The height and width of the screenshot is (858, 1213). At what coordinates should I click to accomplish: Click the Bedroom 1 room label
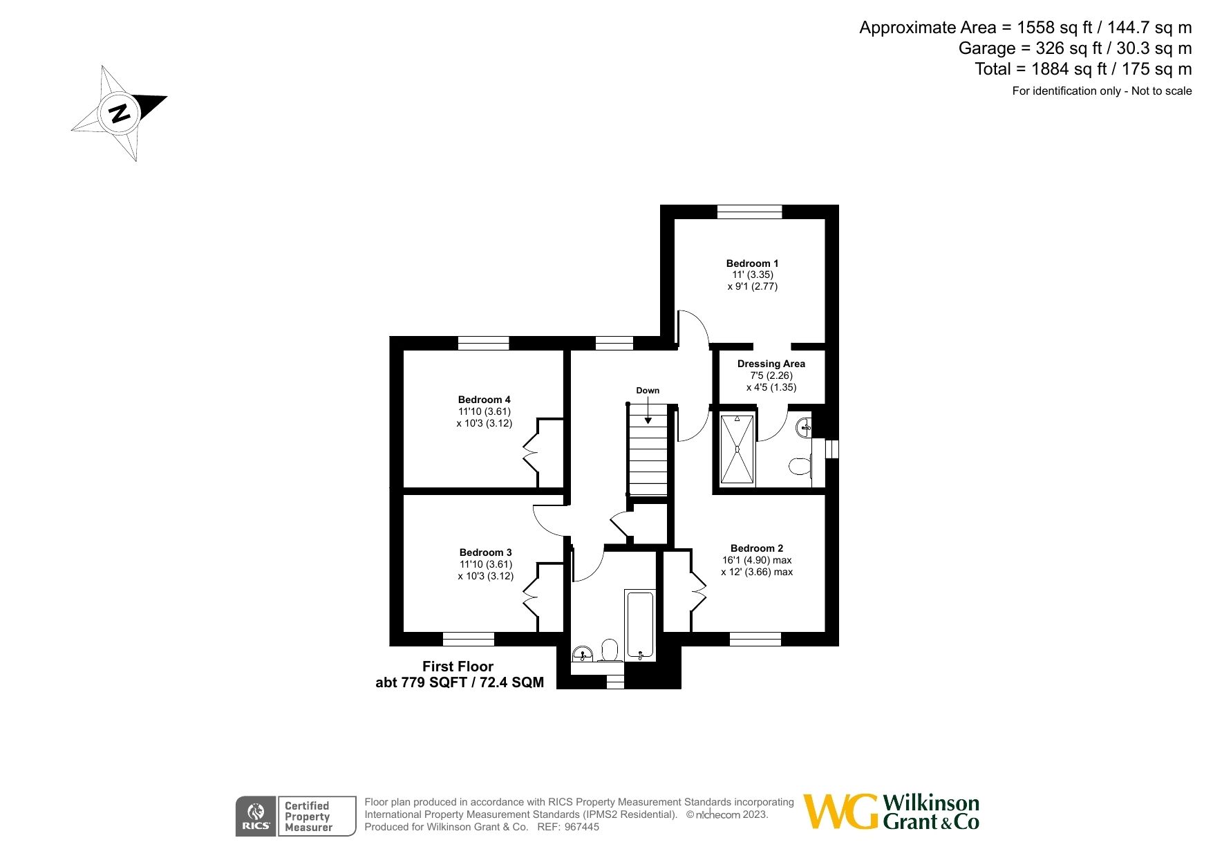coord(752,263)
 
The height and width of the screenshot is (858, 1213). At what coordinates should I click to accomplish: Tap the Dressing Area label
coord(771,364)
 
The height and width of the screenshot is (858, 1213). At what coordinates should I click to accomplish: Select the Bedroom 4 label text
coord(484,400)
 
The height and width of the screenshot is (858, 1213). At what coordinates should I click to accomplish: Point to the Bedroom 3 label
coord(485,552)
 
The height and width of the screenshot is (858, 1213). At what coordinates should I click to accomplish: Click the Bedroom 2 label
coord(756,548)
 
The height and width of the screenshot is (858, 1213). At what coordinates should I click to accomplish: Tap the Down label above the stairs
coord(648,391)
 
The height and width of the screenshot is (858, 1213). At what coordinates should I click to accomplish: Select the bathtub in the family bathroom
coord(639,625)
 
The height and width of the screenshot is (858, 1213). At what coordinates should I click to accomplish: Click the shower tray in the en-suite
coord(737,449)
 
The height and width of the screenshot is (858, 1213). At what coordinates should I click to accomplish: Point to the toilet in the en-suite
coord(800,467)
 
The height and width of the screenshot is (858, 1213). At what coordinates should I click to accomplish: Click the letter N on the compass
coord(120,113)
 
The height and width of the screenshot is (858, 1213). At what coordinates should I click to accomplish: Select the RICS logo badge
coord(256,817)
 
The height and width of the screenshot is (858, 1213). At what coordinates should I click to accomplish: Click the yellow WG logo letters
coord(840,812)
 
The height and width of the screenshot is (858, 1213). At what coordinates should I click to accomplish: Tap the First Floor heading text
coord(458,666)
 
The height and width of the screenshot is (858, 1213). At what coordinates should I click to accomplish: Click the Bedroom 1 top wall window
coord(749,212)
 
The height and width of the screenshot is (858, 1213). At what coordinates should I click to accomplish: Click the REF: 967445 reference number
coord(567,827)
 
